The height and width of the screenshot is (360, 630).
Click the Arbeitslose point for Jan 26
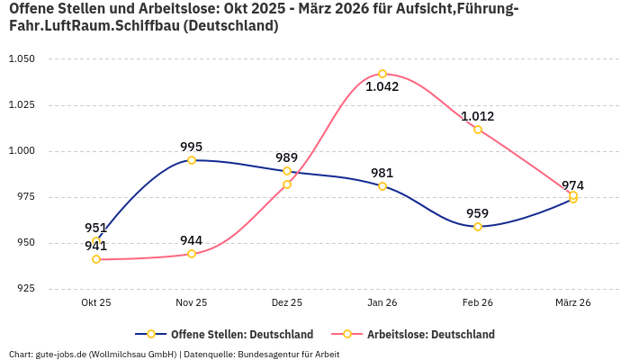[x=382, y=74]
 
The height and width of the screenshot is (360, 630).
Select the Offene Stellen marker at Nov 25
[x=192, y=160]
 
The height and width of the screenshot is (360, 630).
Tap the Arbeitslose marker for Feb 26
[x=478, y=130]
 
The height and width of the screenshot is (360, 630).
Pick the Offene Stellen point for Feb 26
[x=478, y=227]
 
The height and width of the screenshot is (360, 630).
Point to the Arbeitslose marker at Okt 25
[x=96, y=259]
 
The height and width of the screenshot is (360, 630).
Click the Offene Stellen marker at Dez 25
[x=287, y=171]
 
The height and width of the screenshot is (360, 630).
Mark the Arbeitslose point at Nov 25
[x=192, y=254]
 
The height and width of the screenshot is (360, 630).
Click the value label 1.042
[x=382, y=87]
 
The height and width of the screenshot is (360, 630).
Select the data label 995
[x=192, y=147]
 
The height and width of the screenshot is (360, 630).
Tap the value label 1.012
[x=478, y=116]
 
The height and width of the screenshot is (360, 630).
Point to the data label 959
[x=478, y=213]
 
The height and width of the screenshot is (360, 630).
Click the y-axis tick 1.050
[x=21, y=58]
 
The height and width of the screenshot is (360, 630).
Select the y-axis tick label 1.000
[x=21, y=151]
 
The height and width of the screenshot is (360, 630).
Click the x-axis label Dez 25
[x=287, y=303]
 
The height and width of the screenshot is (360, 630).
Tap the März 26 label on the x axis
[x=573, y=303]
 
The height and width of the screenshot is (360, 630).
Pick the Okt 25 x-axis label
[x=96, y=303]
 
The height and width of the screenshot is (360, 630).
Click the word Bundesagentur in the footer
[x=266, y=355]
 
